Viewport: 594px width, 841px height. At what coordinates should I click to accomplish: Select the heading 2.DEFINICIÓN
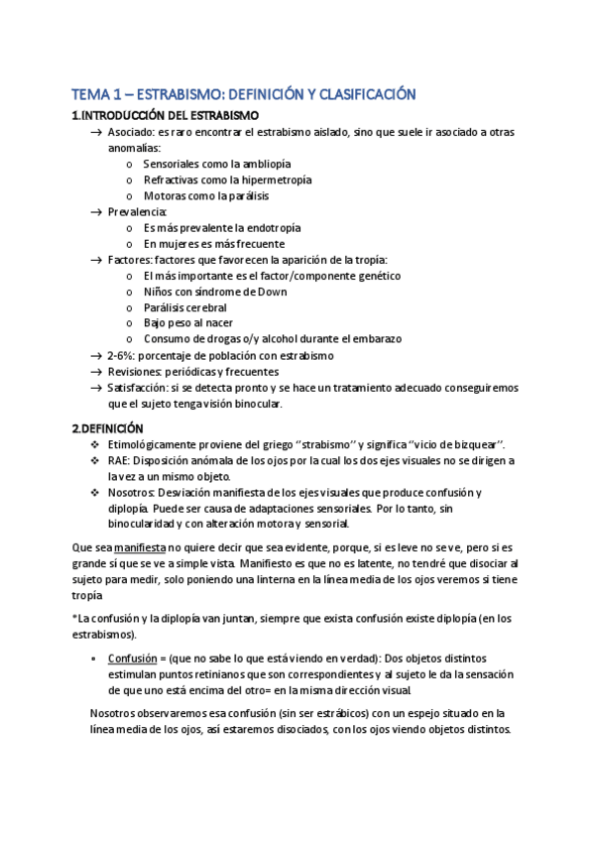point(109,428)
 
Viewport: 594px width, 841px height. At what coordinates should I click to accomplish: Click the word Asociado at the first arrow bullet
point(131,132)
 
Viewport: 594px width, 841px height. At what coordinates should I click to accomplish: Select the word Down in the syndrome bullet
point(270,292)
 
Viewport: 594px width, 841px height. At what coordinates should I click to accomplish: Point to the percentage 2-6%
point(121,355)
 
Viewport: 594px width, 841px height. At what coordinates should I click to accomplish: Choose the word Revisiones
point(134,371)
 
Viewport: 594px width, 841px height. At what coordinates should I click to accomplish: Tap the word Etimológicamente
point(153,444)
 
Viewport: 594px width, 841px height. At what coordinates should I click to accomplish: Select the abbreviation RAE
point(118,460)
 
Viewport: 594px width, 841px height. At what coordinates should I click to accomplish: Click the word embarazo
point(376,339)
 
